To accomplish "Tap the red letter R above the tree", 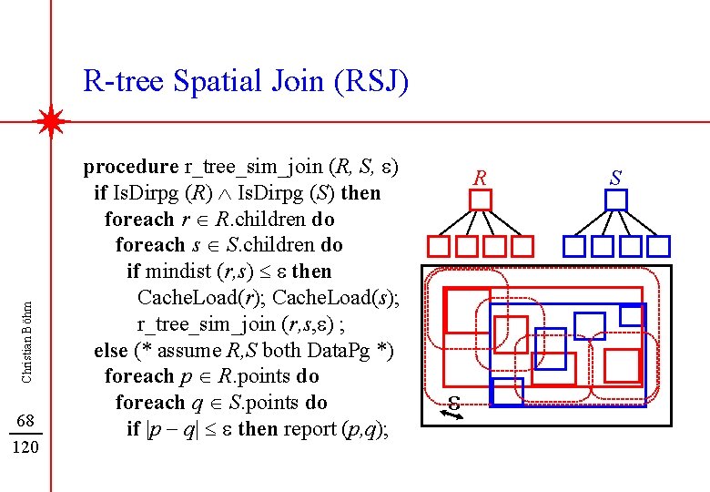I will (x=481, y=177).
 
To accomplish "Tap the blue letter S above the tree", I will (x=615, y=177).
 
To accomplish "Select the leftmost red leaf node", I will (x=440, y=246).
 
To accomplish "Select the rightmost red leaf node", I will (x=522, y=246).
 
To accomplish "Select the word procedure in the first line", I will (x=131, y=167).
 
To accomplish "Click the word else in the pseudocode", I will (x=110, y=351).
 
